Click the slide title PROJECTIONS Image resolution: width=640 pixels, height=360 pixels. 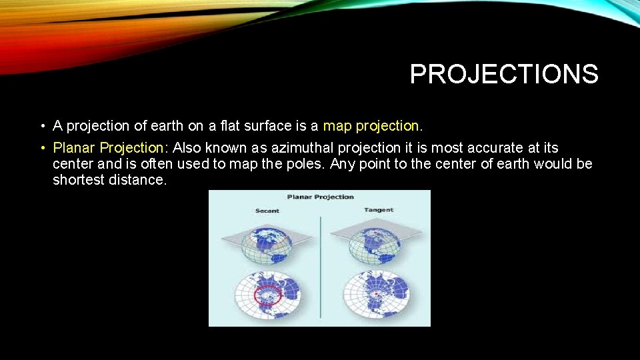(x=504, y=74)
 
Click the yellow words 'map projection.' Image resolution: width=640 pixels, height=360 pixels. (x=373, y=125)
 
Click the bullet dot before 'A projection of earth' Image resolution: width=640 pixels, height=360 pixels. (x=41, y=126)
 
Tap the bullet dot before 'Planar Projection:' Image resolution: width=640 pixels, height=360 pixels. (x=41, y=148)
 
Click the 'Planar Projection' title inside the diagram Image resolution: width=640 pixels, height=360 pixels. (x=320, y=197)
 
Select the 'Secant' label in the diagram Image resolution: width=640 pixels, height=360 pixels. (x=267, y=211)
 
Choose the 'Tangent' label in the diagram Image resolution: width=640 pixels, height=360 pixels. (x=379, y=210)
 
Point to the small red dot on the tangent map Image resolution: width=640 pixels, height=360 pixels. (x=377, y=293)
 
